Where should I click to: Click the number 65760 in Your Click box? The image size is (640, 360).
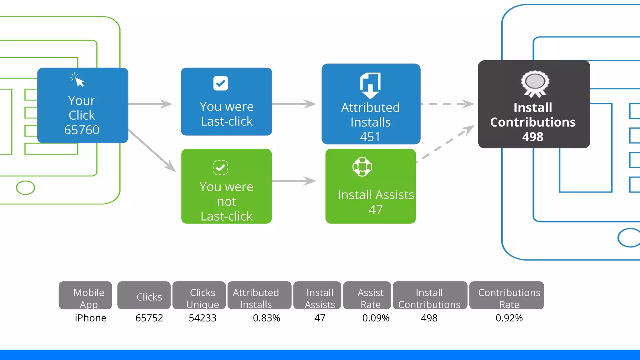pos(82,130)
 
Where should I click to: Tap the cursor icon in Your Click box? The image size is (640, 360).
pos(77,80)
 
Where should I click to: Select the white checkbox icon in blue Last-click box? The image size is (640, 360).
pos(221,83)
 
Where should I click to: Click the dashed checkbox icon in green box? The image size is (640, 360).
pos(221,168)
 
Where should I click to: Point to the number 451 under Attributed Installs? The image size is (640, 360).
pos(370,137)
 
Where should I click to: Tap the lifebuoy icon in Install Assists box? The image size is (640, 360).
pos(362,167)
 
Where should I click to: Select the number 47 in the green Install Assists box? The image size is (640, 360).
pos(376,209)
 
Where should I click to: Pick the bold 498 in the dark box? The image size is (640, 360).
pos(533,137)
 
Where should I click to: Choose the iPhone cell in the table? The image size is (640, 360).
pos(91,318)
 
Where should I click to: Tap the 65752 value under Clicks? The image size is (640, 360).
pos(149,318)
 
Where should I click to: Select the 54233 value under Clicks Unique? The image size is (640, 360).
pos(202,318)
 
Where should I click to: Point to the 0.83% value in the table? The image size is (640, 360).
pos(266,318)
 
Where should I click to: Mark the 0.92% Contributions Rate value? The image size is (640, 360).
pos(509,318)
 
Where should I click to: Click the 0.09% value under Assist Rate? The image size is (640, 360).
pos(376,318)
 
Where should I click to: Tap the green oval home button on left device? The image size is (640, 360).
pos(25,188)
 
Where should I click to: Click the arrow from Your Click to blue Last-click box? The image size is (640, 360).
pos(150,104)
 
